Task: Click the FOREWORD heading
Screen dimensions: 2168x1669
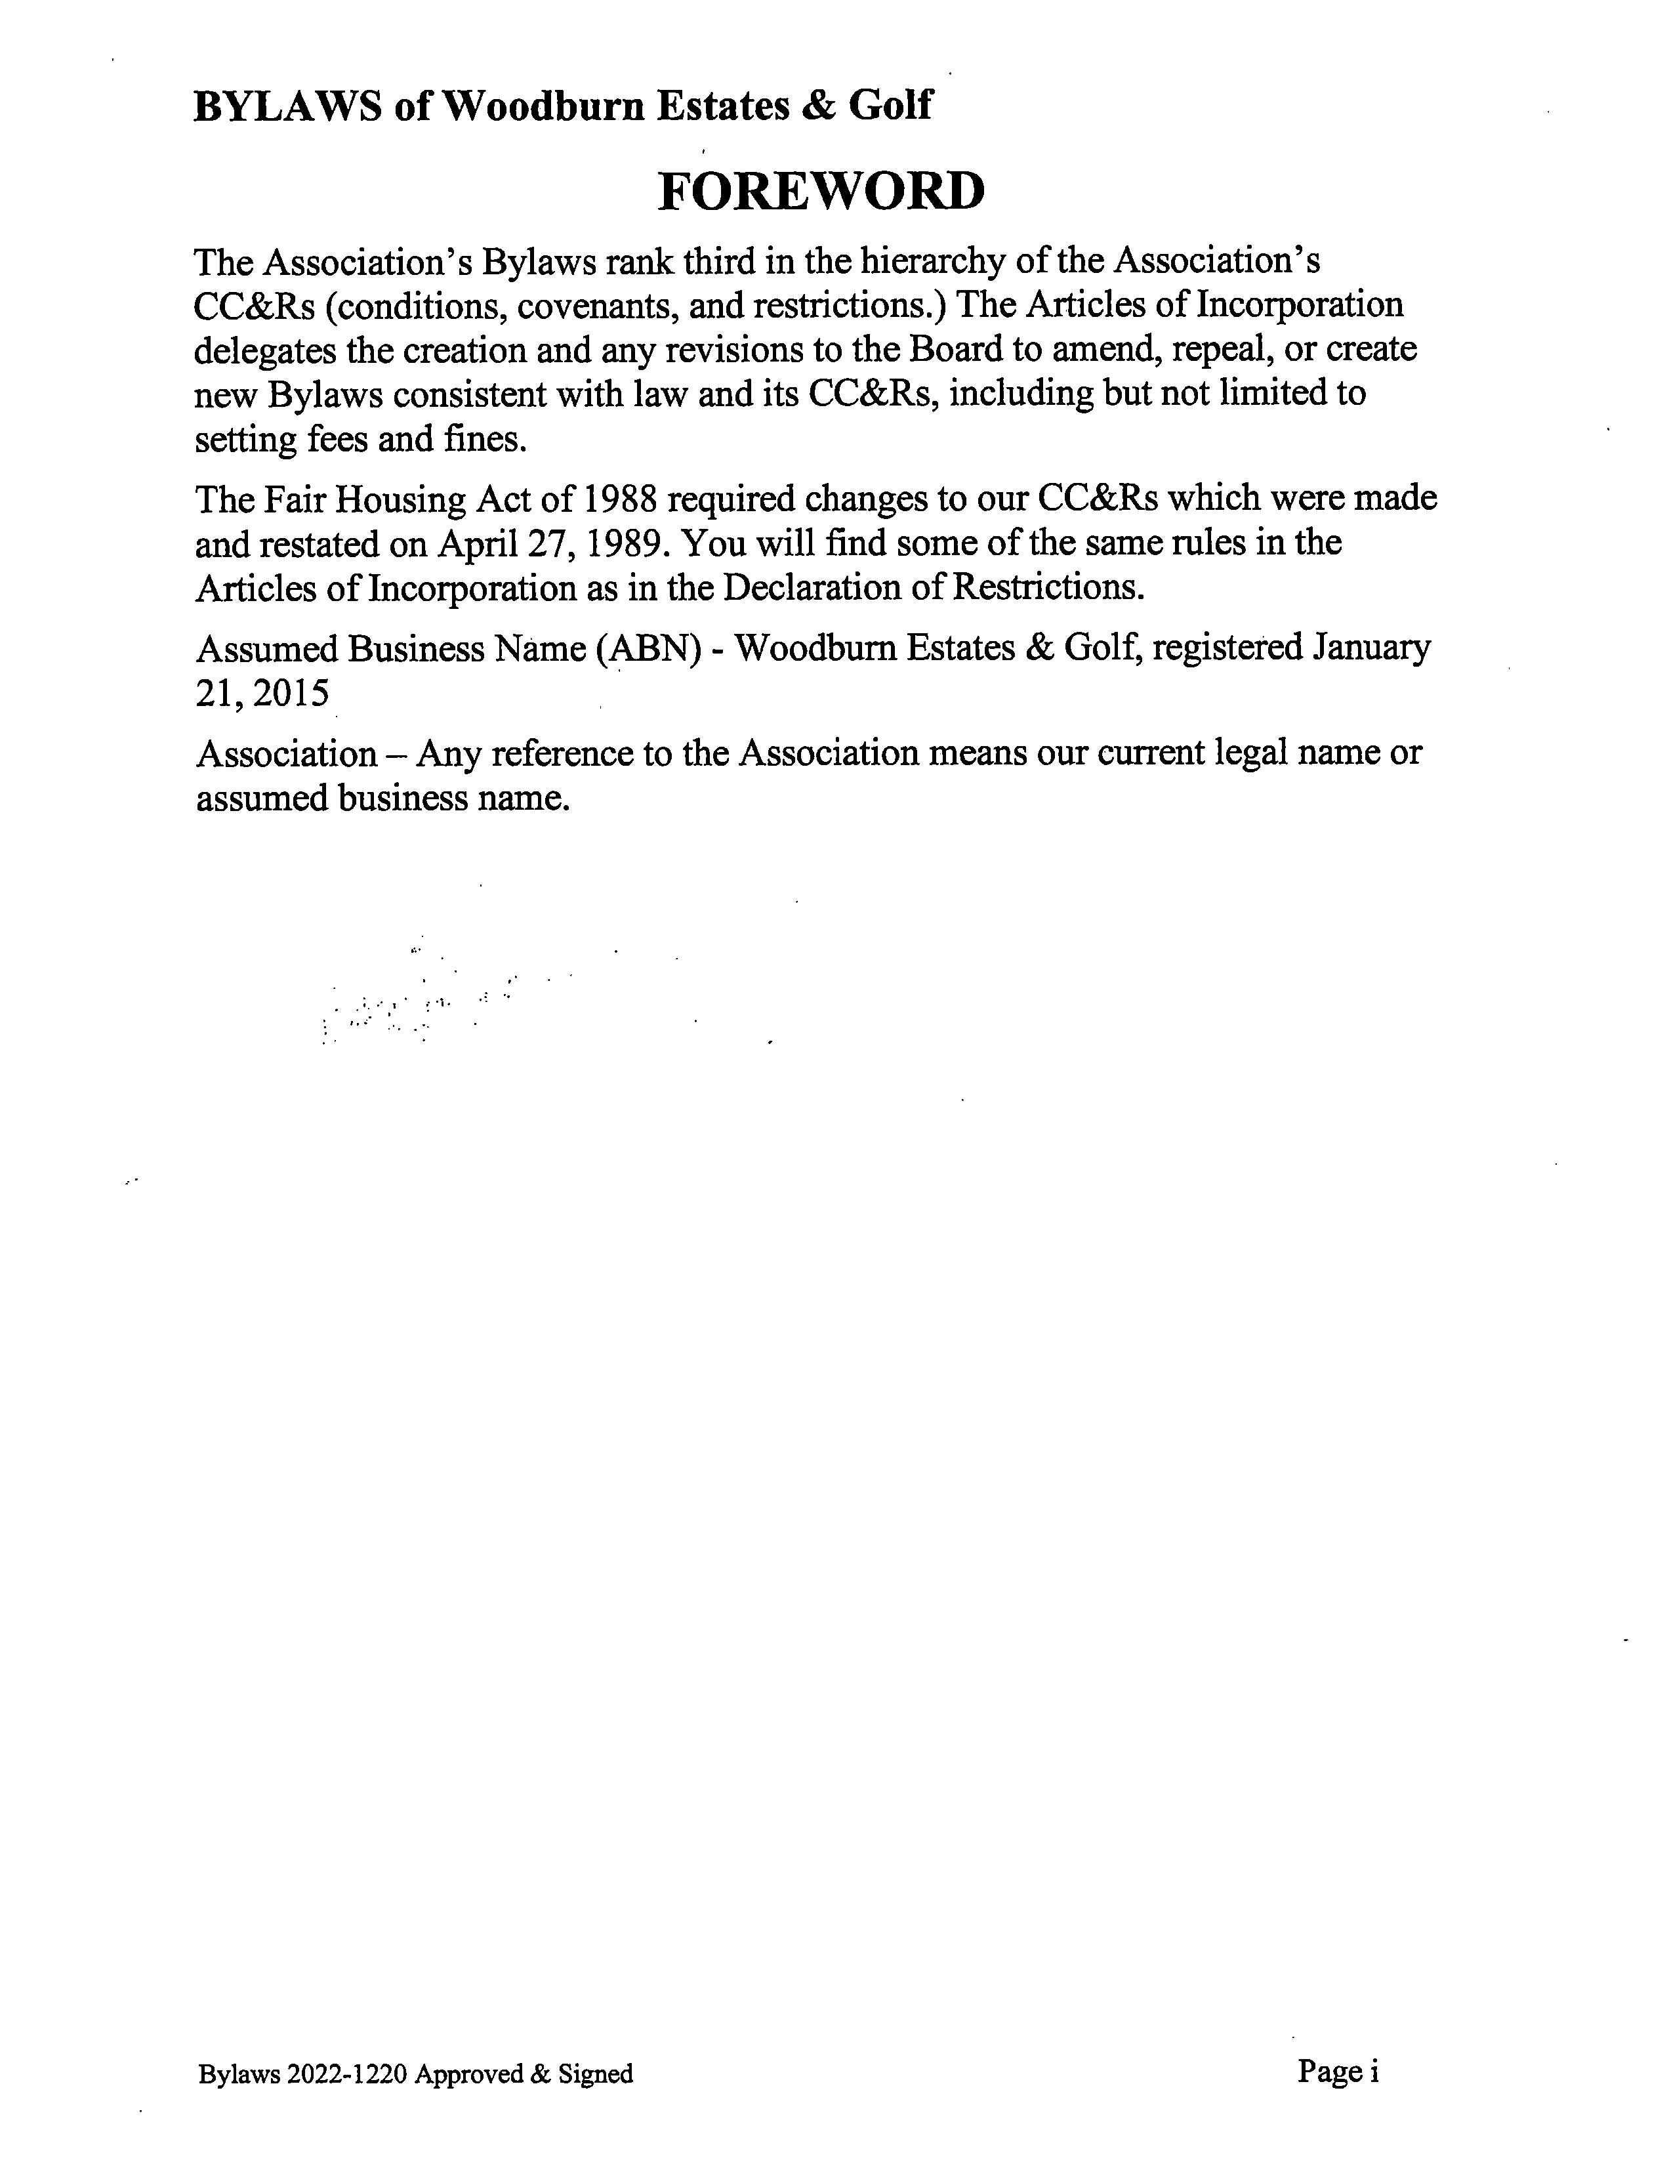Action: click(821, 192)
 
